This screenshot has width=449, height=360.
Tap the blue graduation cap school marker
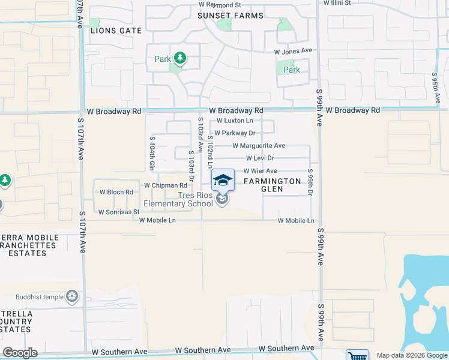point(223,179)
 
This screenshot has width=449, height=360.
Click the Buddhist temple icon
point(73,296)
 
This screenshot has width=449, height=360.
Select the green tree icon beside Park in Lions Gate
point(179,59)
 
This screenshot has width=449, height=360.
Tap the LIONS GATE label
point(116,30)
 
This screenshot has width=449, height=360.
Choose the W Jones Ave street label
point(294,52)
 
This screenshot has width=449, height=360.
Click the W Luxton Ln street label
point(235,121)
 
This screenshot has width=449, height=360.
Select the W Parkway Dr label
point(235,133)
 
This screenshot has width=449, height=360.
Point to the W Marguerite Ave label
point(258,146)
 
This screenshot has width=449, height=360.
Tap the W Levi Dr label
point(259,158)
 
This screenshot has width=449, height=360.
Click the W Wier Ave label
point(259,171)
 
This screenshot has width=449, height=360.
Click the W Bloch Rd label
point(115,193)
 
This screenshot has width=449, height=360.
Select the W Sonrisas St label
point(118,212)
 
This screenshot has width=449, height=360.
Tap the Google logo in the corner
point(20,353)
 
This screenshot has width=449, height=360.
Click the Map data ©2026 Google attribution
point(411,355)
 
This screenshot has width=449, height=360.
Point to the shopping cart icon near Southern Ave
point(358,355)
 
